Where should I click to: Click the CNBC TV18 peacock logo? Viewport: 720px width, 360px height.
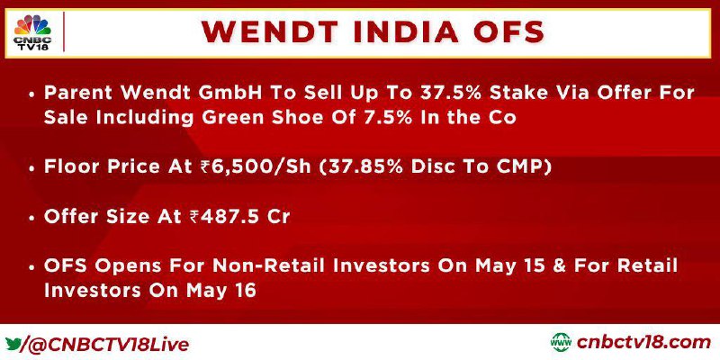click(32, 32)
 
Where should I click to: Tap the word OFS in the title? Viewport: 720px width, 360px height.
click(507, 32)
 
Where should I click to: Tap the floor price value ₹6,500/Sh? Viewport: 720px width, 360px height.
click(256, 167)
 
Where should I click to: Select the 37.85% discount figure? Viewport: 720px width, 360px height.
click(362, 167)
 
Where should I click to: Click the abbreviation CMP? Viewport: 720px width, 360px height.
click(522, 167)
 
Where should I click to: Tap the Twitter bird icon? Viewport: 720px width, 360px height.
click(13, 344)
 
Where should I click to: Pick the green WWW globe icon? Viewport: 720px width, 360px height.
click(561, 343)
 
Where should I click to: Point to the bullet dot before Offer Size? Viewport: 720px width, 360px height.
click(31, 218)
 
